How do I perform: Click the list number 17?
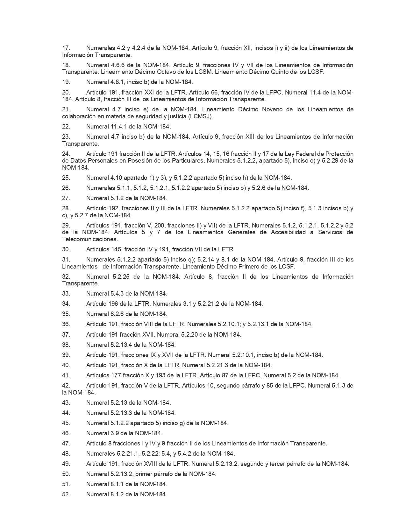66,48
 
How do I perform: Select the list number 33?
66,293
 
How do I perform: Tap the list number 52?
66,494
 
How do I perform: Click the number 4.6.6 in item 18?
120,65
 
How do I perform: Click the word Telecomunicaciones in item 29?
90,239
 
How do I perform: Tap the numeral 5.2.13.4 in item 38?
122,345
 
